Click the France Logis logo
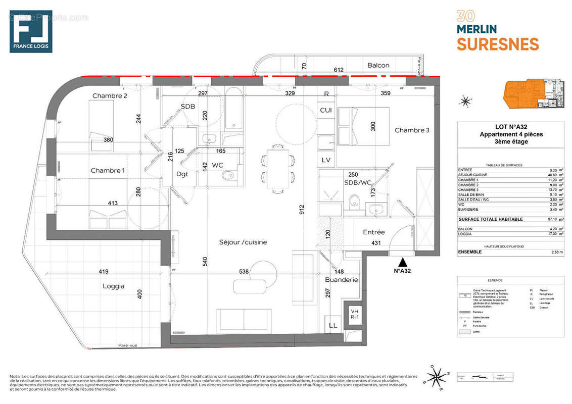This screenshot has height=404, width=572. point(31,31)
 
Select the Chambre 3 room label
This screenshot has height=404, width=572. point(412,130)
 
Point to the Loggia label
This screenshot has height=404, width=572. point(113,286)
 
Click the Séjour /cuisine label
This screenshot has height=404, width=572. point(243,242)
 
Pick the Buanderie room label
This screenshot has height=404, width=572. point(341,279)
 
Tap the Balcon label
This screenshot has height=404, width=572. point(378,65)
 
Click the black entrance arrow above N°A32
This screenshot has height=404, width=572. point(403,262)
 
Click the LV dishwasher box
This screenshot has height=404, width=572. point(326,160)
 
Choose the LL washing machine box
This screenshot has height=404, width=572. point(333,326)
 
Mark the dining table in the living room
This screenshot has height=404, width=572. point(277,169)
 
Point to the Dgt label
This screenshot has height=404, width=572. point(182,174)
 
